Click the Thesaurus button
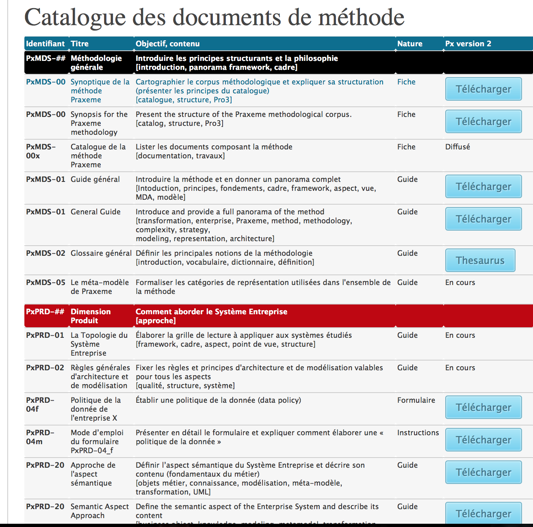480,260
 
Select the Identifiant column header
45,43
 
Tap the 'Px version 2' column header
468,43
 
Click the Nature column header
409,43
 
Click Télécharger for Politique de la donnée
483,407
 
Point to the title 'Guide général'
95,179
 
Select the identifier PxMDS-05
45,282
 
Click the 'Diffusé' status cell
457,147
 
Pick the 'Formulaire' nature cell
416,400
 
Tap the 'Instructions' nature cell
418,432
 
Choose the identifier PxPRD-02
45,367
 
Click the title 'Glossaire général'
101,253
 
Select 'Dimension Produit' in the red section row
90,316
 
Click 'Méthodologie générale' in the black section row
96,63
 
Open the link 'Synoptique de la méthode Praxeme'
100,91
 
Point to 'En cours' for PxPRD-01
460,335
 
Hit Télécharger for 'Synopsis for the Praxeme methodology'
483,121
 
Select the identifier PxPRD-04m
40,437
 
